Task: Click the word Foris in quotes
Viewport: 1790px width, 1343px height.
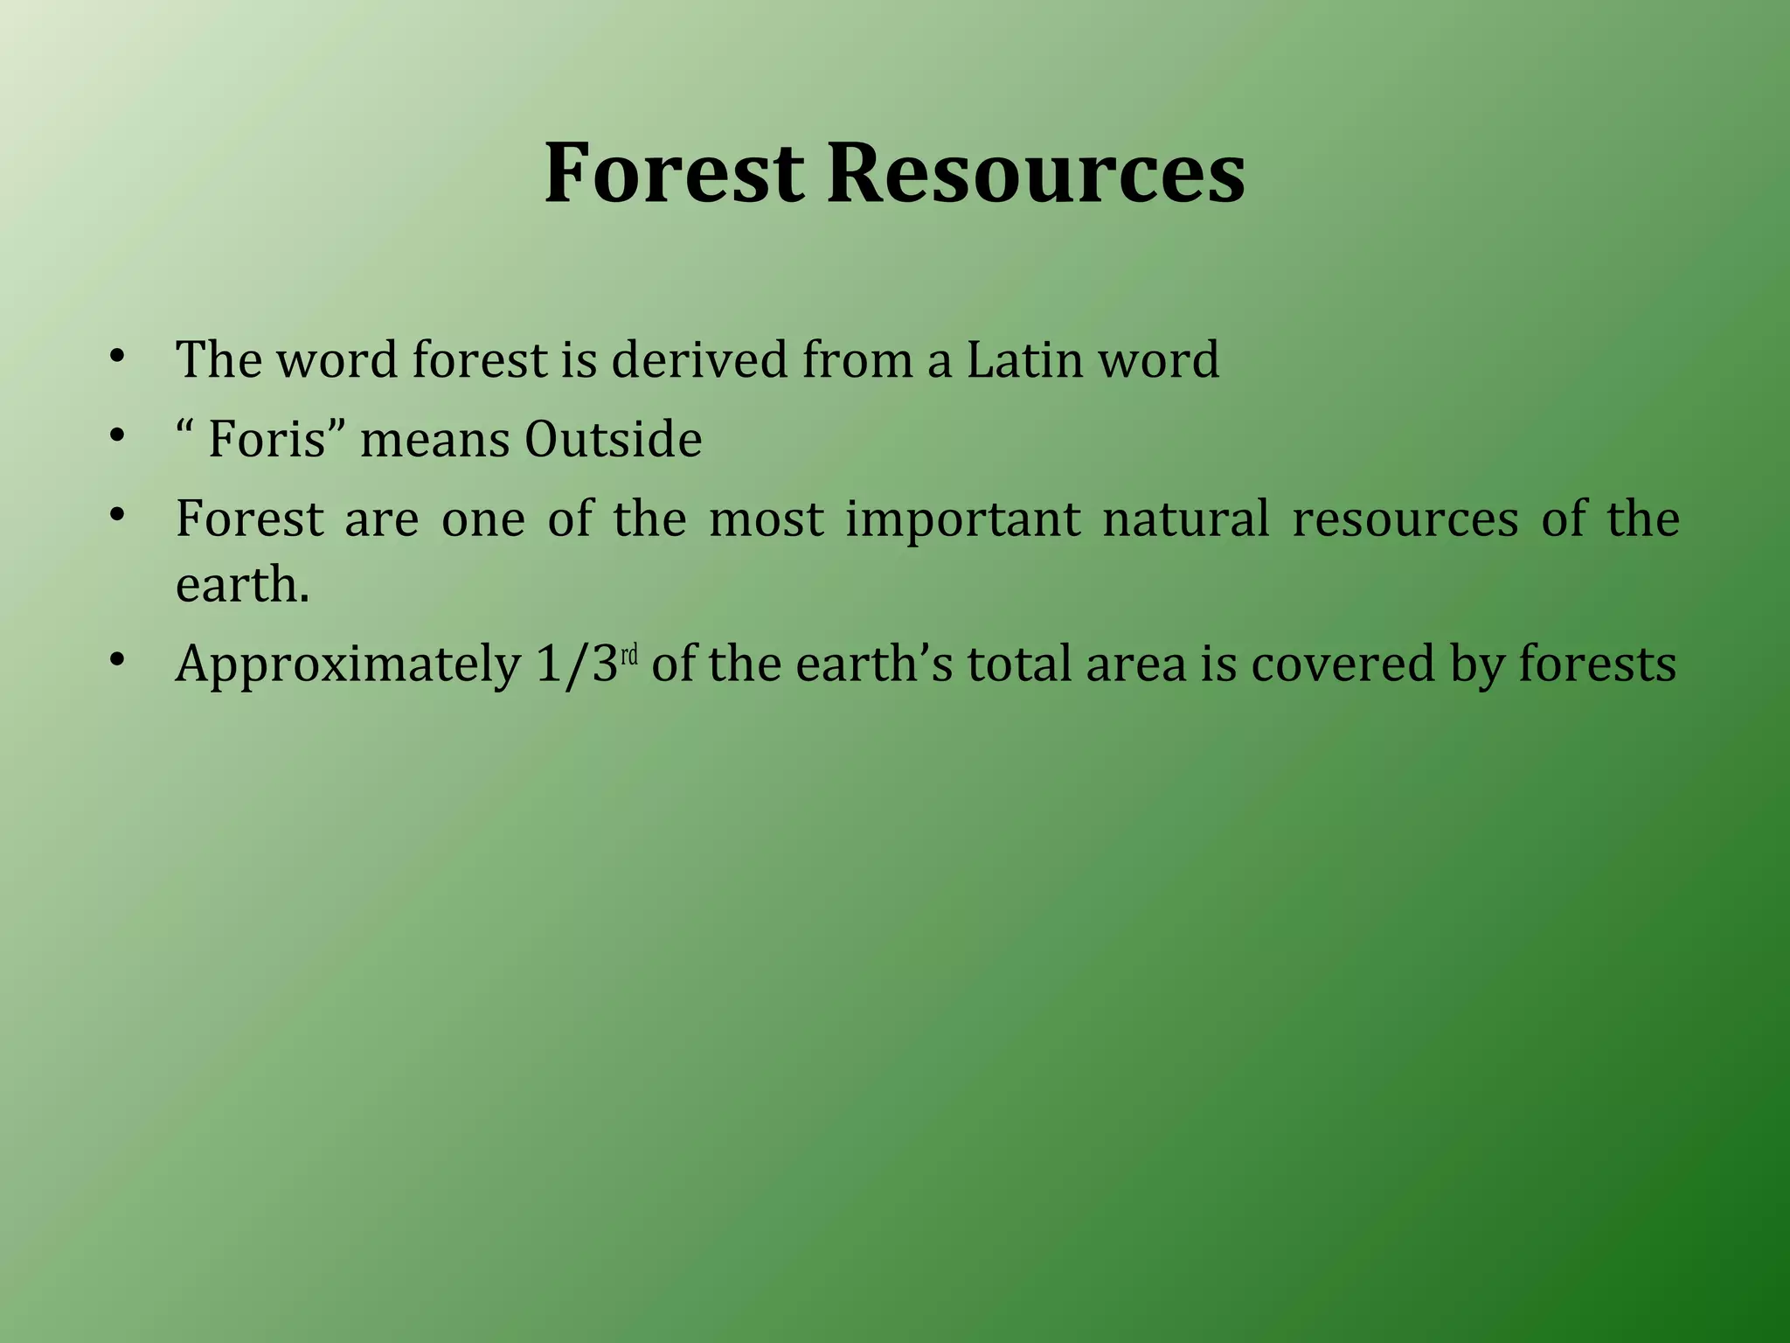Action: coord(267,439)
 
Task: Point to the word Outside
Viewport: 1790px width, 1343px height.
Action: coord(613,439)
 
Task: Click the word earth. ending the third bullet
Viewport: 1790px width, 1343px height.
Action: coord(242,585)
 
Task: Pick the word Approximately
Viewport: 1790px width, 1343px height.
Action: coord(348,665)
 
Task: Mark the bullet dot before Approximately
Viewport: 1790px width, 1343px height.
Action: coord(117,661)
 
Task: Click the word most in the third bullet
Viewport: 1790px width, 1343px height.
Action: coord(766,519)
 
